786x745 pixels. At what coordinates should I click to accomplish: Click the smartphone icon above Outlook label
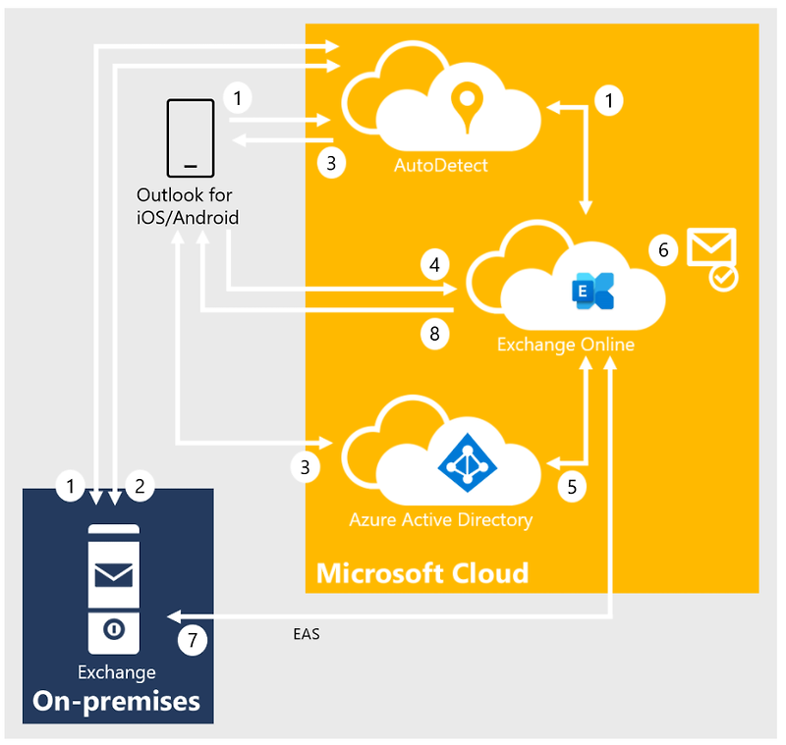(x=191, y=135)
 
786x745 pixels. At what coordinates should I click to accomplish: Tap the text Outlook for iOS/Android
(x=187, y=205)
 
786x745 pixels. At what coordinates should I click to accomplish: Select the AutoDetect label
(x=441, y=165)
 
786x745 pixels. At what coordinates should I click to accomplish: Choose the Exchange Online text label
(x=565, y=345)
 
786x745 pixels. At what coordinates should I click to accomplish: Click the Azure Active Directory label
(x=441, y=519)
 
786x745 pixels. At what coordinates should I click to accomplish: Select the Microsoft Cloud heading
(x=422, y=572)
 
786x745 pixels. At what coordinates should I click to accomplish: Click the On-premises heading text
(x=117, y=701)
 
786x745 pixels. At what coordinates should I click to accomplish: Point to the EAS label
(x=306, y=635)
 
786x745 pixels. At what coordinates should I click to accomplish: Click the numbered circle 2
(x=140, y=485)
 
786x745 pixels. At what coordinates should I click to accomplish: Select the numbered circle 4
(x=433, y=264)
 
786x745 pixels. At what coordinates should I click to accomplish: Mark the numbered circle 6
(x=663, y=250)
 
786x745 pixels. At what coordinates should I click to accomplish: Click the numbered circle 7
(x=193, y=641)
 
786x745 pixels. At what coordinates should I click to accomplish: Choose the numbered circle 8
(x=433, y=333)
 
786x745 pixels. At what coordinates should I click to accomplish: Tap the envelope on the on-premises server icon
(x=113, y=574)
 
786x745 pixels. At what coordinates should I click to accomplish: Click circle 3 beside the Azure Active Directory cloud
(x=306, y=468)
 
